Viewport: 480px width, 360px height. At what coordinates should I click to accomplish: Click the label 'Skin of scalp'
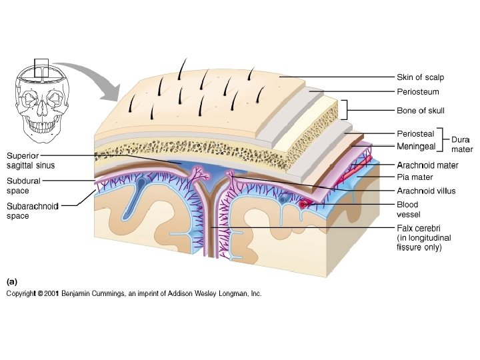coord(420,77)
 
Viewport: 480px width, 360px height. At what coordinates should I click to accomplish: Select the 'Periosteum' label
coord(417,92)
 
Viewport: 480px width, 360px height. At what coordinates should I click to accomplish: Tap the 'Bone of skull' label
coord(421,111)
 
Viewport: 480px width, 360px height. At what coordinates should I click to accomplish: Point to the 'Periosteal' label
coord(415,134)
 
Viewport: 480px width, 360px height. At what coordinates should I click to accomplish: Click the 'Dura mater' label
coord(461,145)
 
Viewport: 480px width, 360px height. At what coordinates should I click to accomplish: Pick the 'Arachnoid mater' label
coord(427,165)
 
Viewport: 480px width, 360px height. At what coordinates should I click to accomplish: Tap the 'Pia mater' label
coord(415,178)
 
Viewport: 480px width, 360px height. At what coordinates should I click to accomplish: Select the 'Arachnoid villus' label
coord(426,191)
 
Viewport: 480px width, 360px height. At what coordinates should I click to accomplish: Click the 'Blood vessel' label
coord(408,209)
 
